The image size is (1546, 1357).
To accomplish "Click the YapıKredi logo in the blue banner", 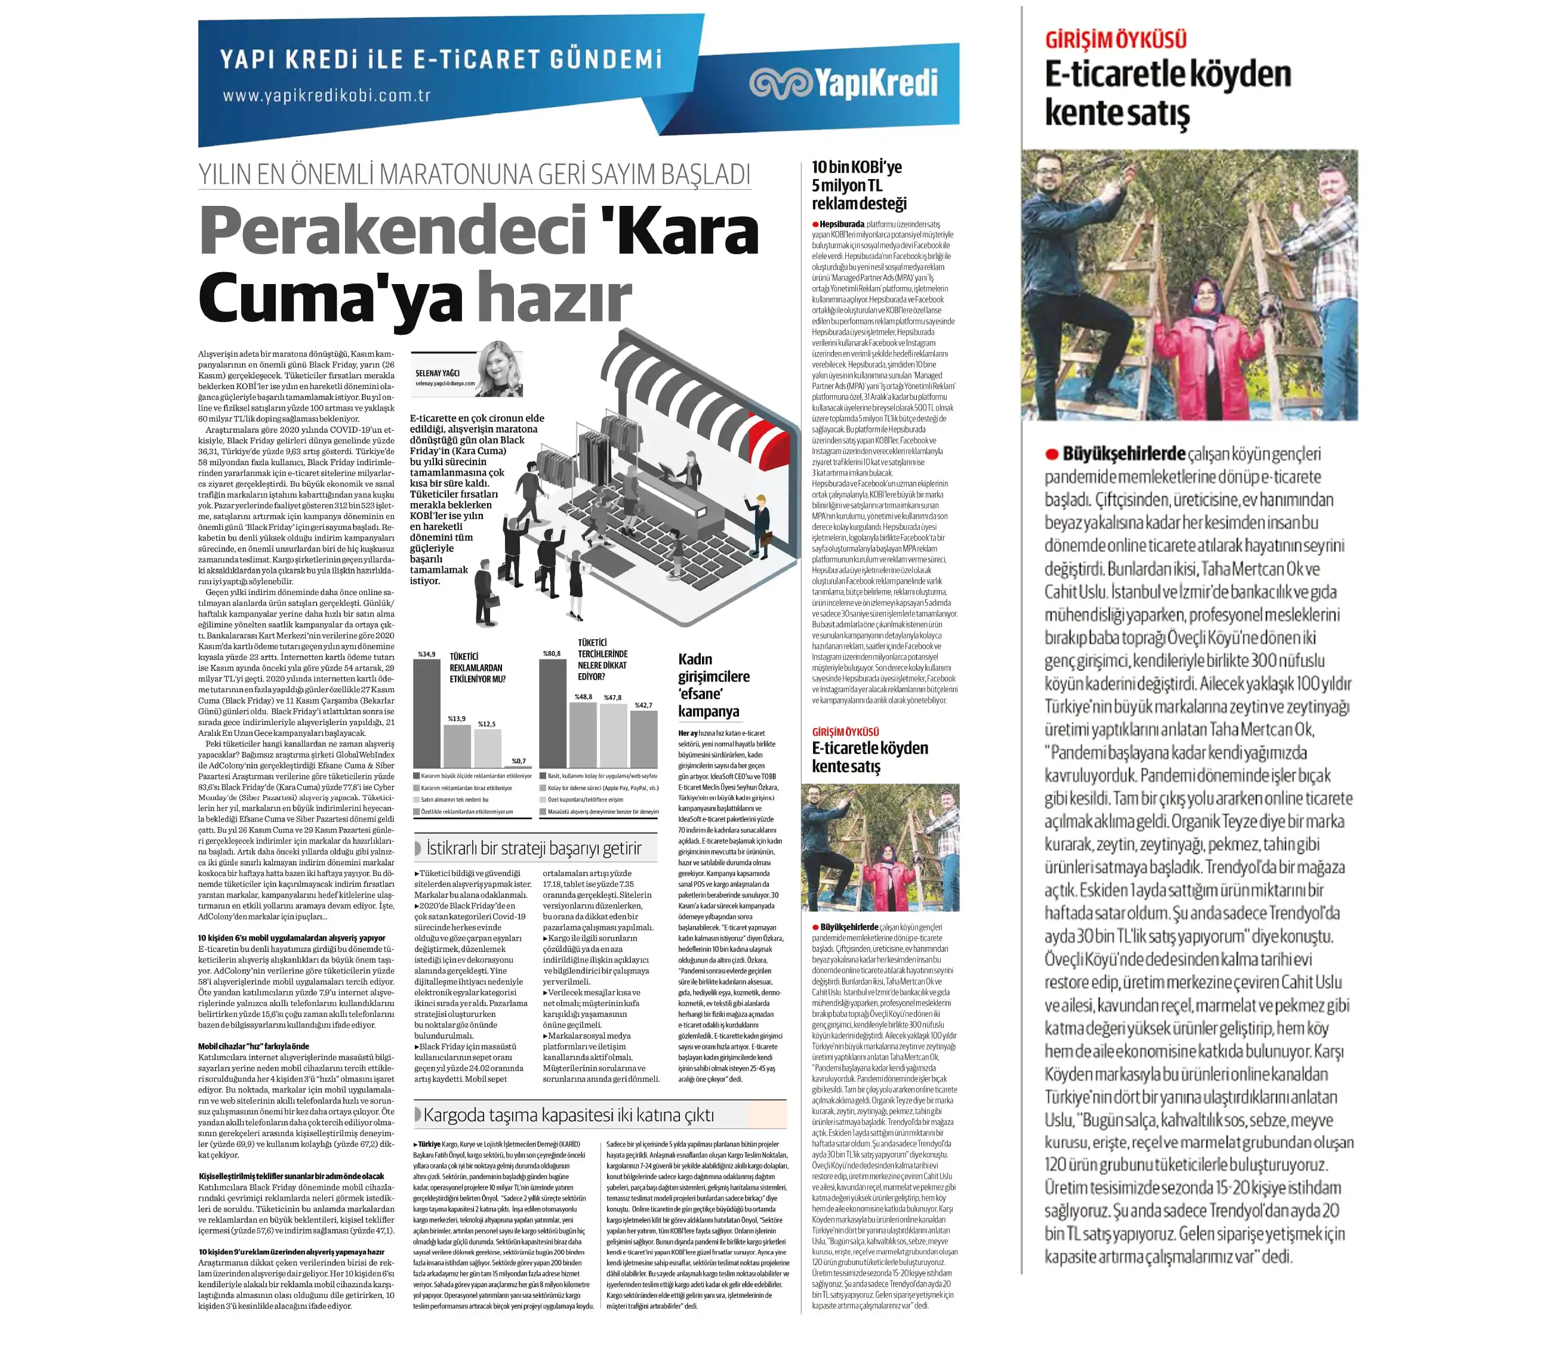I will (843, 83).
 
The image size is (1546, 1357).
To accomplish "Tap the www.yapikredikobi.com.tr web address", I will (326, 96).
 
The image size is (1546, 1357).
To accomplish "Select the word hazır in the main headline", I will (554, 298).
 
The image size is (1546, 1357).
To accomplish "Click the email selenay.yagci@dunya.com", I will (445, 383).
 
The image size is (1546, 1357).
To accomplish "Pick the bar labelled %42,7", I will (643, 739).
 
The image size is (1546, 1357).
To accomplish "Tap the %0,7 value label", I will (518, 760).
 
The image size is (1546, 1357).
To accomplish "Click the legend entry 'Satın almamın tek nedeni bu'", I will (454, 799).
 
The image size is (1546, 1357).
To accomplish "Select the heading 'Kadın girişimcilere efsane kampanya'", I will (713, 685).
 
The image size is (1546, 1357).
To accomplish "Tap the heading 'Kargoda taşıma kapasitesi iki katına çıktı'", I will (568, 1115).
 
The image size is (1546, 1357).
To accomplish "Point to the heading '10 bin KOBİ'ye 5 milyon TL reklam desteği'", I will (858, 185).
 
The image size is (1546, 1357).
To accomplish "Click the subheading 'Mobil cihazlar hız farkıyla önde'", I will (253, 1046).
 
